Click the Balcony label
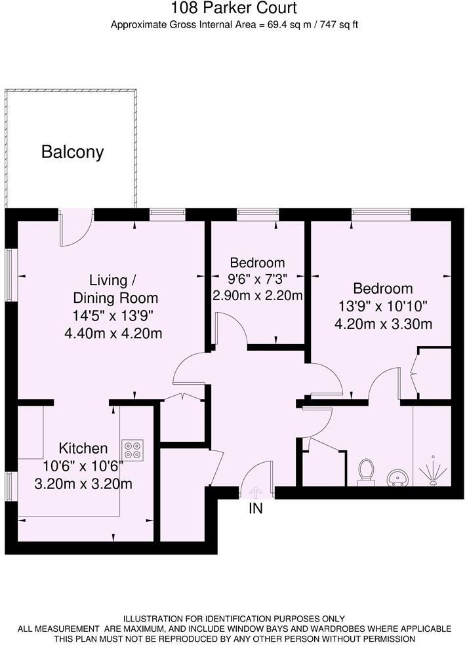(x=72, y=152)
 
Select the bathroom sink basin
(x=398, y=478)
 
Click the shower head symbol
(x=432, y=471)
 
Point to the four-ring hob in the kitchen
(x=132, y=450)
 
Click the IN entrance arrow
(x=256, y=493)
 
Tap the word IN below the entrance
(x=256, y=509)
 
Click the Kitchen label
(x=83, y=448)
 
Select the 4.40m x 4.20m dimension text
(x=113, y=333)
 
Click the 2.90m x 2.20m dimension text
(x=258, y=296)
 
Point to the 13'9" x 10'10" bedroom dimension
(x=383, y=306)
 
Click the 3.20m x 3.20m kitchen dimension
(x=83, y=484)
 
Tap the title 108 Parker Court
(x=233, y=7)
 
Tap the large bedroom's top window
(x=381, y=212)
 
